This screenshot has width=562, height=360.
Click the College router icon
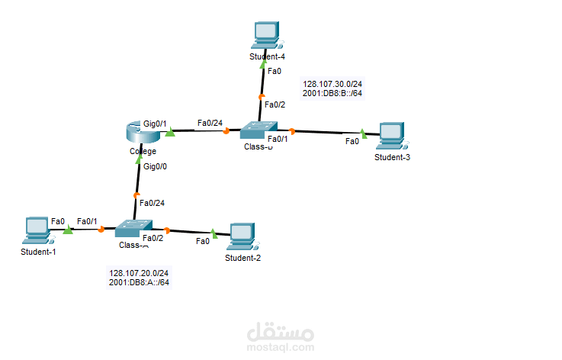[x=142, y=134]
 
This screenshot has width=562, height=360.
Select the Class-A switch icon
[x=133, y=228]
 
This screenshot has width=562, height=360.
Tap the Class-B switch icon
[x=257, y=130]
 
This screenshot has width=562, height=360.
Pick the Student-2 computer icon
[x=242, y=236]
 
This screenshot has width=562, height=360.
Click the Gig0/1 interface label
[x=155, y=124]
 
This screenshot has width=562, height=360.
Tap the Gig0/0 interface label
[x=155, y=166]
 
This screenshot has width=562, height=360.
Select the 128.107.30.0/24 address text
[x=332, y=85]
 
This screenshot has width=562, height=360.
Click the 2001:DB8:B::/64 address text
[x=332, y=94]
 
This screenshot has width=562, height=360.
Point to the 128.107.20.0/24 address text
[x=140, y=273]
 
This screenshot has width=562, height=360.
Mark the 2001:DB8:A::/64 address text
[x=140, y=282]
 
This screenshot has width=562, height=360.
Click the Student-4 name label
[x=267, y=56]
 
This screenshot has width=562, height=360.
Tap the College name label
[x=143, y=151]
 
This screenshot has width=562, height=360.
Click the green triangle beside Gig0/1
[x=170, y=133]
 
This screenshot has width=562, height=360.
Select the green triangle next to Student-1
[x=68, y=229]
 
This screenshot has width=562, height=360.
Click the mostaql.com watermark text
[x=281, y=346]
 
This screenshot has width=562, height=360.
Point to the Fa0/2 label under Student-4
[x=274, y=105]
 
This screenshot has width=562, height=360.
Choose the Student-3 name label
[x=393, y=157]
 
